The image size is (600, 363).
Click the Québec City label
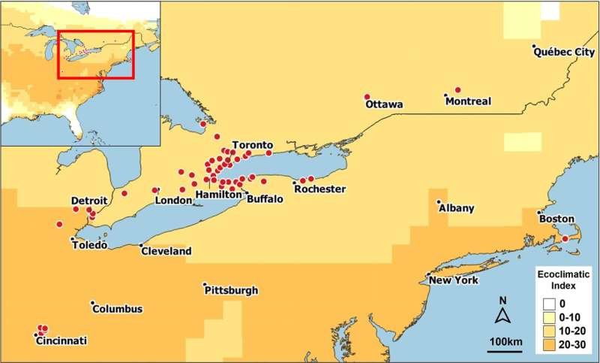[x=564, y=52]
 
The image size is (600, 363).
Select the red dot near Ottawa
[x=367, y=97]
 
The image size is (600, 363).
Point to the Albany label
[x=457, y=208]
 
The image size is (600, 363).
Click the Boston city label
[x=556, y=218]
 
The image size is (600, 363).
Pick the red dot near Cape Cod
[x=565, y=239]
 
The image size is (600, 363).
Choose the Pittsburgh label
[x=233, y=290]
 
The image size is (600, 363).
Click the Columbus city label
[x=119, y=309]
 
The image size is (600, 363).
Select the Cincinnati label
[x=61, y=341]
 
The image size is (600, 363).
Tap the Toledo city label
[x=89, y=245]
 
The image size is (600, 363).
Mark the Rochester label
[x=319, y=189]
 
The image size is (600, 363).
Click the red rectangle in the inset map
[x=96, y=54]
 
